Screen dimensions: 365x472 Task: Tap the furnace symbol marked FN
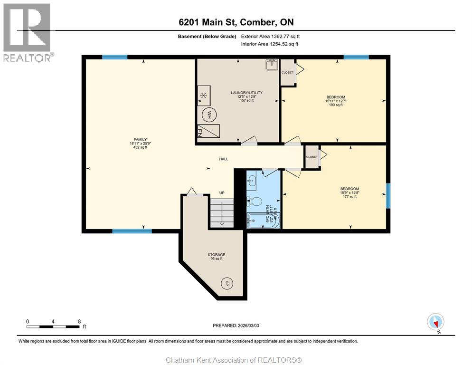tap(208, 130)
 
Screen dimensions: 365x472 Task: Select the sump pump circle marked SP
tap(227, 283)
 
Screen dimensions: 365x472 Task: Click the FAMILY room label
tap(140, 140)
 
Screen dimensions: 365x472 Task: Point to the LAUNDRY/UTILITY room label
tap(246, 93)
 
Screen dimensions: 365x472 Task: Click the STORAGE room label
tap(216, 255)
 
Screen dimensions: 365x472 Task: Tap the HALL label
tap(223, 159)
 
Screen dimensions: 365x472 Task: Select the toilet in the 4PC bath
tap(255, 202)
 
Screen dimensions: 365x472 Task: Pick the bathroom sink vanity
tap(252, 181)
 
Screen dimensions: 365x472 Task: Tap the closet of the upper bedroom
tap(287, 73)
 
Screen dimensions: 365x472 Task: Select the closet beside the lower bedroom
tap(312, 157)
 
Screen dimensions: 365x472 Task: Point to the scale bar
tap(53, 326)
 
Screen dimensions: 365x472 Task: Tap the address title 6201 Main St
tap(236, 22)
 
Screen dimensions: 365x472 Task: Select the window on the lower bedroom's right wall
tap(388, 195)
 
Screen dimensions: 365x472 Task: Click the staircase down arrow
tap(221, 215)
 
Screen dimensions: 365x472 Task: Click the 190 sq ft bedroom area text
tap(335, 105)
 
